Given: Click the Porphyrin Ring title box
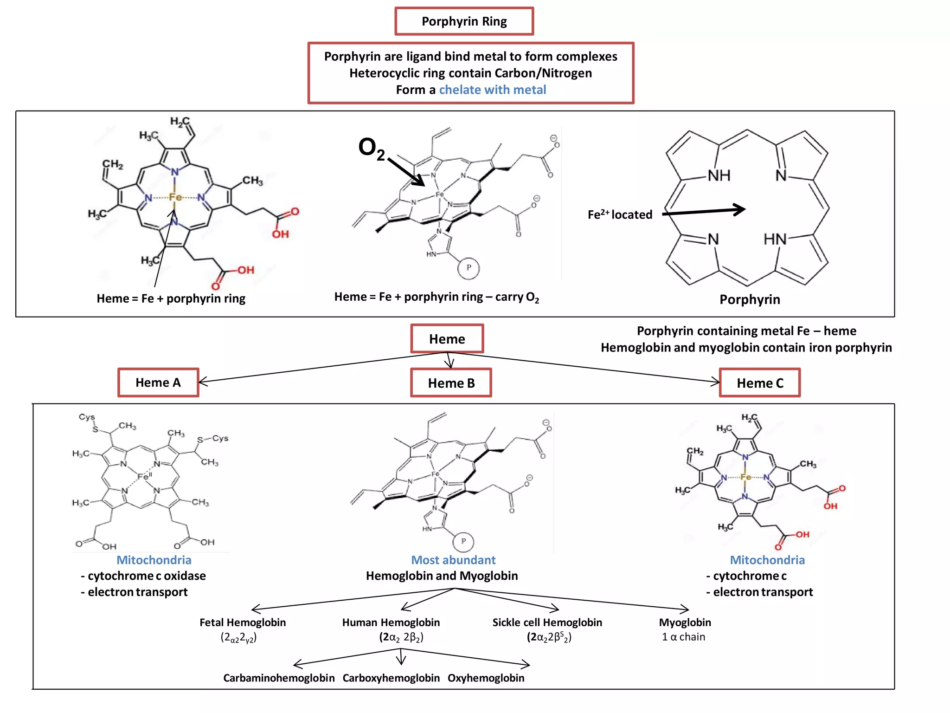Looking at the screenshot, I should (x=464, y=21).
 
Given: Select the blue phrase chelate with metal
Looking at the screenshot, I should (x=492, y=90).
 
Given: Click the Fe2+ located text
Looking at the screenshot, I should (x=620, y=214).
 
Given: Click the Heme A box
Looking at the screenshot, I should (x=158, y=382).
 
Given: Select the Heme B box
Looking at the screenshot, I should (x=451, y=383).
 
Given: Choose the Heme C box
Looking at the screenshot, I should (x=759, y=383).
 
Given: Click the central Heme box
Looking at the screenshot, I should (x=447, y=339).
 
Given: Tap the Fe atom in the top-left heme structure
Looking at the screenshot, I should (x=175, y=197).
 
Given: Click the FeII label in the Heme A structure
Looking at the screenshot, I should (x=144, y=476).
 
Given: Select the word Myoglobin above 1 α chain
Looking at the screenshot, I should (x=685, y=622).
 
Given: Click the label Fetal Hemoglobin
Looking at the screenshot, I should (x=243, y=622).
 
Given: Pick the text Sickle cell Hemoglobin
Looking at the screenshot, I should (x=547, y=622).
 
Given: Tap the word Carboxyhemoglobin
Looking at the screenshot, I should (x=391, y=678).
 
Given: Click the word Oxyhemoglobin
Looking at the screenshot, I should (x=486, y=678).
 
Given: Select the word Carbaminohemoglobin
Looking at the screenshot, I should (x=279, y=678).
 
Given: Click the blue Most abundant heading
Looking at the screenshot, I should (x=453, y=560).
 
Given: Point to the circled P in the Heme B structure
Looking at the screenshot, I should (x=463, y=541).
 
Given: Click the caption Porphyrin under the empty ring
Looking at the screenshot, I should (x=750, y=299).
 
